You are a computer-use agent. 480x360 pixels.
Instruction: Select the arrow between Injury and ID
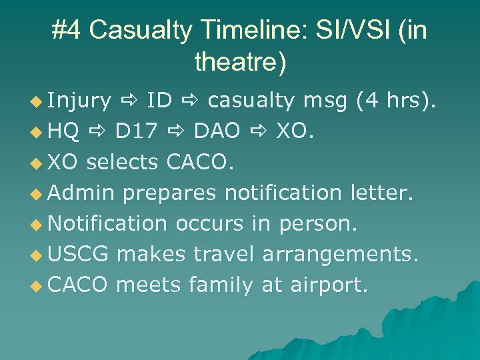[x=129, y=101]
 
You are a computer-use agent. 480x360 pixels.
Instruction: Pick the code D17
[x=136, y=132]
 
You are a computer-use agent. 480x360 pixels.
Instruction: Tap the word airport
[x=328, y=285]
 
